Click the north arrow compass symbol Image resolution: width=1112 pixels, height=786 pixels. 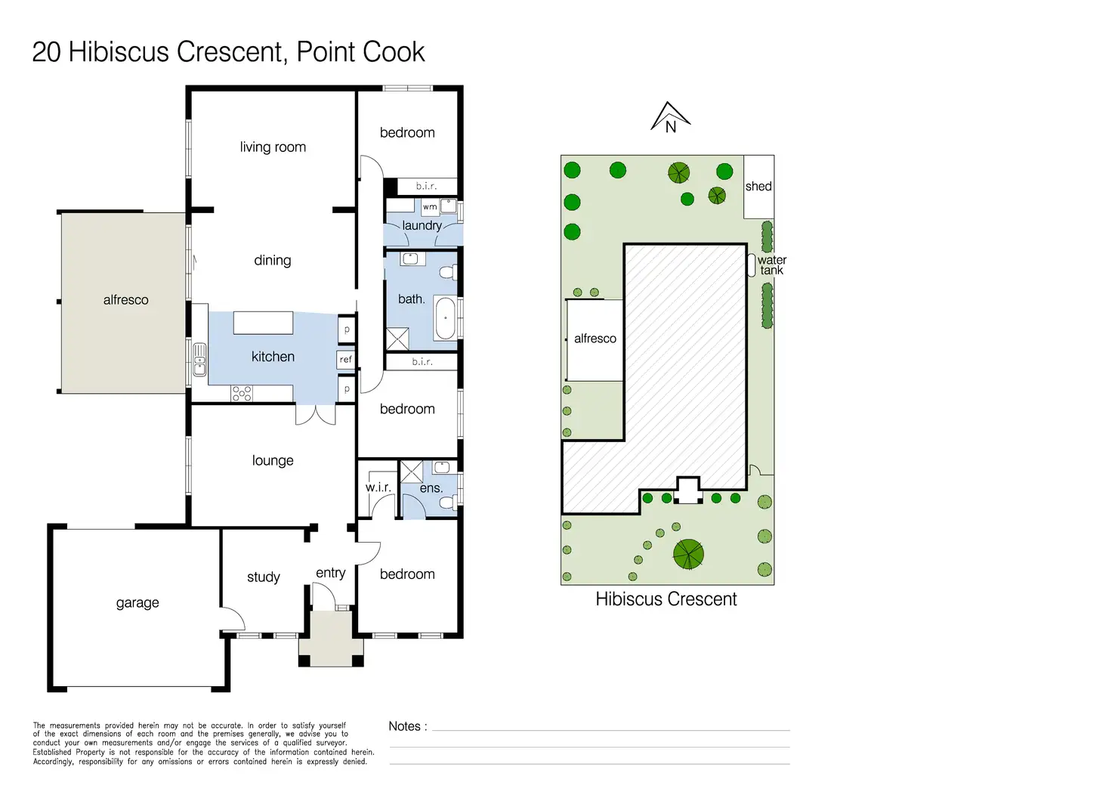click(670, 118)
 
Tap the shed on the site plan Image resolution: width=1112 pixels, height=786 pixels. click(758, 187)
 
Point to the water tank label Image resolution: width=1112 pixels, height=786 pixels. click(772, 265)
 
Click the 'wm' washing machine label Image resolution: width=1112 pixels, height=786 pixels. click(430, 206)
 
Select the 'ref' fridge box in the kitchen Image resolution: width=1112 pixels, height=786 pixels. click(346, 359)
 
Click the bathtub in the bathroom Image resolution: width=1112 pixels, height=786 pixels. click(445, 317)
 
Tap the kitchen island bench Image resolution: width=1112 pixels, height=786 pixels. click(263, 323)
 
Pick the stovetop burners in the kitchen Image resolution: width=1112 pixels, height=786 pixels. click(242, 393)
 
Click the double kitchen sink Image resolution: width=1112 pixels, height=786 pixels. click(199, 360)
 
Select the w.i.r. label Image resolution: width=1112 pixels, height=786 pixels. click(378, 487)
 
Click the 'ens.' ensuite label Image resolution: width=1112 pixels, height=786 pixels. click(431, 488)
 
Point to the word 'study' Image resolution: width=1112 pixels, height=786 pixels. click(264, 577)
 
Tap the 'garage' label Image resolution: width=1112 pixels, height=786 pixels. click(137, 603)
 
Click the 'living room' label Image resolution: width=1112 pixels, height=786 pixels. click(273, 147)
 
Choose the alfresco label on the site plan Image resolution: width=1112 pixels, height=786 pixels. click(595, 339)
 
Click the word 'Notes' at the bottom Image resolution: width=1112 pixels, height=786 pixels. click(405, 726)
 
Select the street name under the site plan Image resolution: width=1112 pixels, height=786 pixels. click(666, 599)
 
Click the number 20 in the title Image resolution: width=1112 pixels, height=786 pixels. click(47, 51)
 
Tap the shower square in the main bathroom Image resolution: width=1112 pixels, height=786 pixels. click(397, 339)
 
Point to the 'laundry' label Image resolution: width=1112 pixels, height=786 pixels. click(422, 226)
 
